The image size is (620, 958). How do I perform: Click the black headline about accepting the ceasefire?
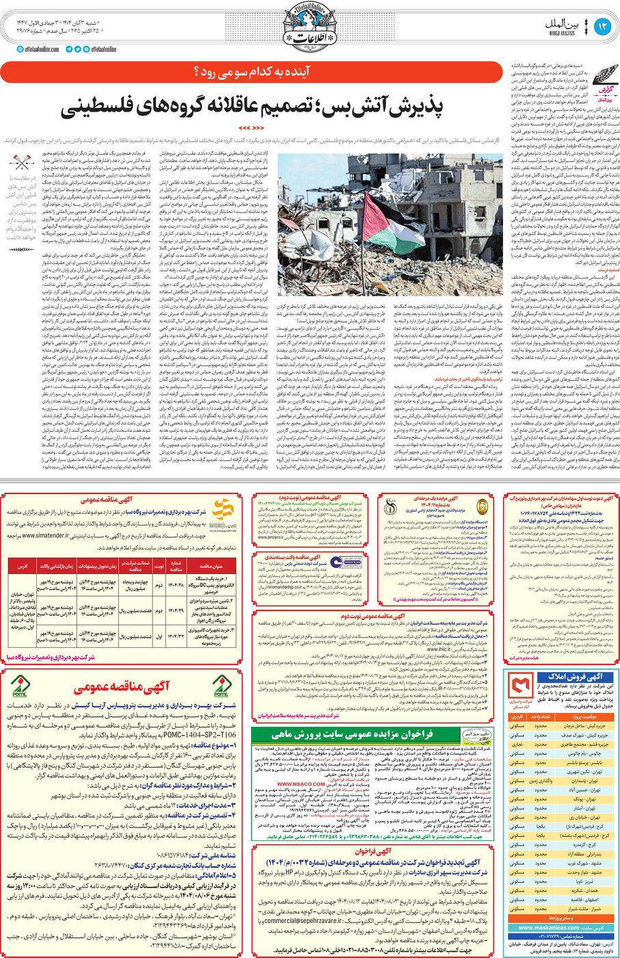252,107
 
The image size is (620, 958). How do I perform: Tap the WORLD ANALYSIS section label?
562,32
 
